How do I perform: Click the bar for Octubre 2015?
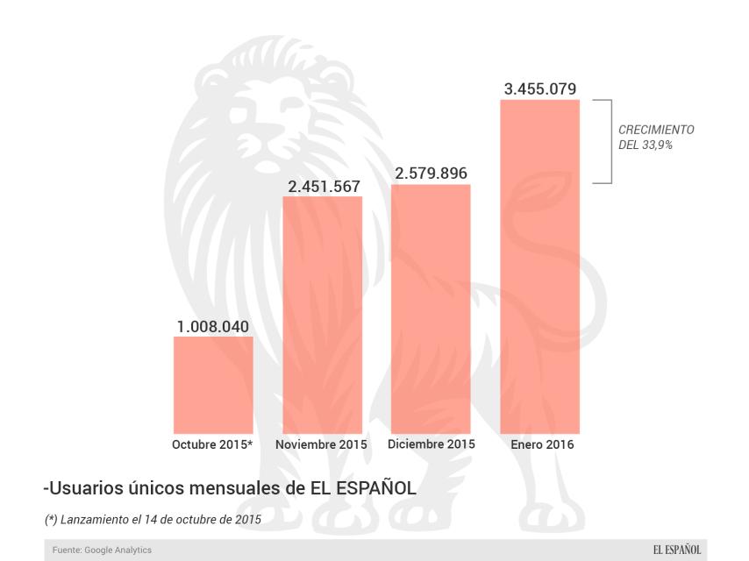[x=213, y=385]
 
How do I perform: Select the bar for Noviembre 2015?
[x=322, y=315]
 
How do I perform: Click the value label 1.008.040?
[x=213, y=327]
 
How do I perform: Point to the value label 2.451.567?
[x=322, y=187]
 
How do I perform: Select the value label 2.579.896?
[x=431, y=174]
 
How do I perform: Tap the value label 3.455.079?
[x=539, y=89]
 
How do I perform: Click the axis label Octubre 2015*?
[x=212, y=444]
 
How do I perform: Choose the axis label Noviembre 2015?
[x=321, y=444]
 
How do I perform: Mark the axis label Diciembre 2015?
[x=431, y=444]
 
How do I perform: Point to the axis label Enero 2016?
[x=542, y=444]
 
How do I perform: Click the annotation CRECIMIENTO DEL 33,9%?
[x=655, y=138]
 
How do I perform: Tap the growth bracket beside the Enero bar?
[x=607, y=141]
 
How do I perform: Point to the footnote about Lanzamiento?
[x=153, y=519]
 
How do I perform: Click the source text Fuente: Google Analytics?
[x=101, y=550]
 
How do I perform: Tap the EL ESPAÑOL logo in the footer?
[x=676, y=550]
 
